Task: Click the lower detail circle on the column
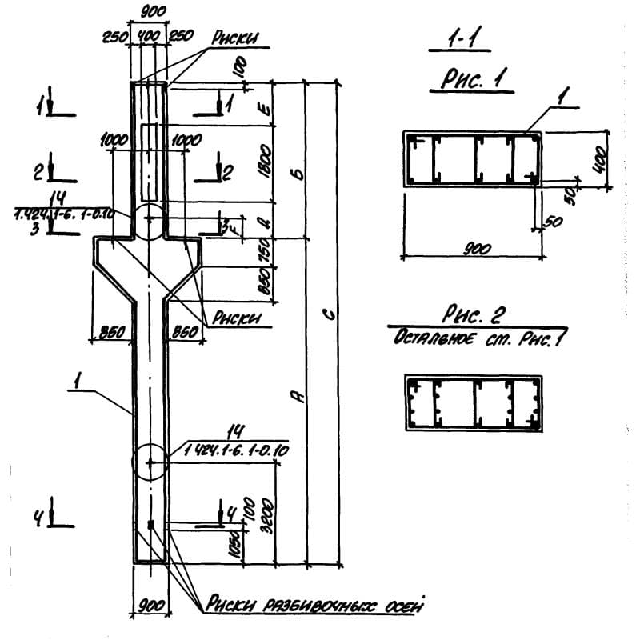tap(149, 461)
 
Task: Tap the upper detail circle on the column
tap(148, 222)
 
